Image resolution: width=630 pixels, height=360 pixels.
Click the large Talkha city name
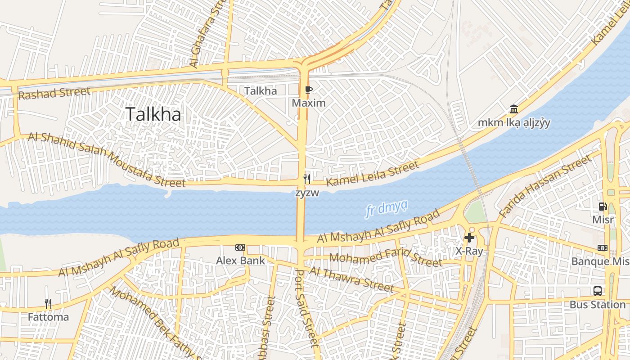click(x=153, y=114)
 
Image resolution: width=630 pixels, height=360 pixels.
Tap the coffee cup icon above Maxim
click(x=308, y=90)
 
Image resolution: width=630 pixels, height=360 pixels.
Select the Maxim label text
click(x=308, y=103)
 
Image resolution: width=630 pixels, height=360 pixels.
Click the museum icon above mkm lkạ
click(x=513, y=109)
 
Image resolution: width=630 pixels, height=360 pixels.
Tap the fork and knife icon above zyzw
click(x=307, y=179)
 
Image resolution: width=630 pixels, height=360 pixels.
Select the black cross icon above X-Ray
click(x=469, y=238)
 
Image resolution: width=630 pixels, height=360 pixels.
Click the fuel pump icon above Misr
click(x=603, y=207)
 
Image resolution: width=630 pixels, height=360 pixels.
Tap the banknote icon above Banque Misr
click(x=602, y=248)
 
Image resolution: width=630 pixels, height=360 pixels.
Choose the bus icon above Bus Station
click(x=597, y=291)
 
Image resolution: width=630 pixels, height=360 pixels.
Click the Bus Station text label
click(x=597, y=305)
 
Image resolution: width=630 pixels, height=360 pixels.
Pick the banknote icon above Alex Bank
click(x=240, y=247)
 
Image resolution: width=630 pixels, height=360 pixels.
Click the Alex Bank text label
click(x=240, y=261)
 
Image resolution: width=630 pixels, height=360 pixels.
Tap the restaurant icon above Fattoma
click(x=48, y=304)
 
